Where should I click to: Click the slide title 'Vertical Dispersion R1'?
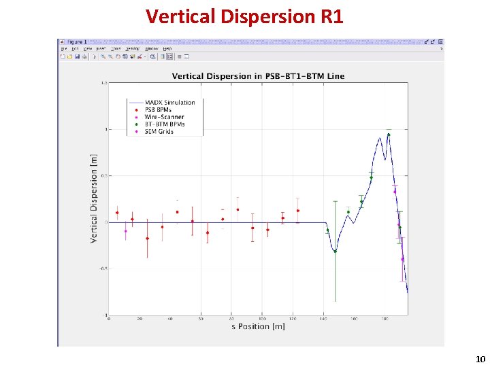(x=244, y=16)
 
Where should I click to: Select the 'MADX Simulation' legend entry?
(x=169, y=103)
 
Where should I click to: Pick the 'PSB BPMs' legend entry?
(x=161, y=109)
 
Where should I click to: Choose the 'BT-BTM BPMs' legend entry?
(x=165, y=124)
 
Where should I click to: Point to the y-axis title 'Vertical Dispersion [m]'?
(x=93, y=198)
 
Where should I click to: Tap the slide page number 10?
(x=480, y=359)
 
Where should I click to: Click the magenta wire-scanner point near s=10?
(x=125, y=231)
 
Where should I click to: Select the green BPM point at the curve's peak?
(x=388, y=135)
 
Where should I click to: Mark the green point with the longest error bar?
(x=335, y=251)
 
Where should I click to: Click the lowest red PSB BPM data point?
(x=147, y=239)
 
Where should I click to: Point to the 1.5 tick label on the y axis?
(x=104, y=83)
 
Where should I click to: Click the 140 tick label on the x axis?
(x=323, y=319)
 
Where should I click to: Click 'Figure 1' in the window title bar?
(x=75, y=42)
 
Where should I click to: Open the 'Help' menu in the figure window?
(x=166, y=49)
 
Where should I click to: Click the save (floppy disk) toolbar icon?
(x=77, y=56)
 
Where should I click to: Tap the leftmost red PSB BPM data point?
(x=117, y=213)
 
